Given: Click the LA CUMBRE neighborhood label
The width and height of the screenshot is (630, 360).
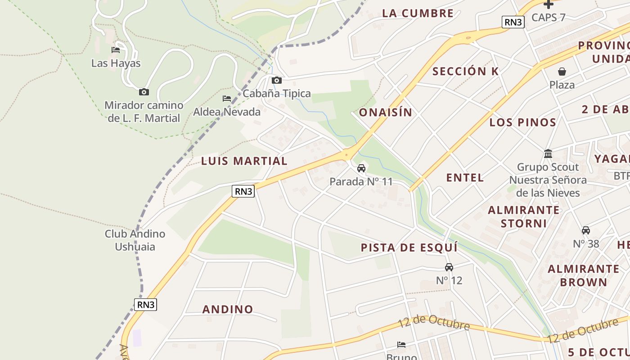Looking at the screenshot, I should click(418, 13).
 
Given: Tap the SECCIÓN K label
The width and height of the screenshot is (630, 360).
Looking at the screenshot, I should click(466, 72).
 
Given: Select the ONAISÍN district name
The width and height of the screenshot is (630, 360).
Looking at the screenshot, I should click(385, 112).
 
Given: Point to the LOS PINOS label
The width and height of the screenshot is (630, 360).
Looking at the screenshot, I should click(523, 122).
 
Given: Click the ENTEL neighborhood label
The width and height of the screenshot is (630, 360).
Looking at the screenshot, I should click(465, 178).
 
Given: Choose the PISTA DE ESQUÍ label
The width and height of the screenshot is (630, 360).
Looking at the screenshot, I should click(409, 247).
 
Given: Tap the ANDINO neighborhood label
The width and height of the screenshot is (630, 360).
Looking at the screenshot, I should click(228, 310).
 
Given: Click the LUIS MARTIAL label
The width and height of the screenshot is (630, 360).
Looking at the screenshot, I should click(244, 161).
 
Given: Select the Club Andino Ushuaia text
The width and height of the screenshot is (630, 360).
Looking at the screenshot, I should click(135, 240).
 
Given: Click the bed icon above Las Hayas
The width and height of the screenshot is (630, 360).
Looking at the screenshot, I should click(116, 49).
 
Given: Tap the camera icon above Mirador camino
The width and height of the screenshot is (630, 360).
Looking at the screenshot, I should click(144, 92).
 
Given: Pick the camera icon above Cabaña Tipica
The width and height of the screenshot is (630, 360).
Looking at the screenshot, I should click(277, 80).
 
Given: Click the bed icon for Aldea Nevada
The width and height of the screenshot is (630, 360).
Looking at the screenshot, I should click(227, 98).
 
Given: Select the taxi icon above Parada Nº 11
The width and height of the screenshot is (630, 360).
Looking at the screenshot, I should click(361, 168).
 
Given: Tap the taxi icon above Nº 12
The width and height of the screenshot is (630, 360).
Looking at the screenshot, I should click(449, 267).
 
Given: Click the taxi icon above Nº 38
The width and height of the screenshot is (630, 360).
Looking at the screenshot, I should click(586, 230).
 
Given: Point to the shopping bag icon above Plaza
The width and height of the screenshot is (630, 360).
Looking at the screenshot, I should click(562, 71).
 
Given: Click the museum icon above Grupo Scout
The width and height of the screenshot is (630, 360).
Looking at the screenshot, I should click(548, 153).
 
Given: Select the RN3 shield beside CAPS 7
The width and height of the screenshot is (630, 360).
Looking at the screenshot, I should click(513, 22).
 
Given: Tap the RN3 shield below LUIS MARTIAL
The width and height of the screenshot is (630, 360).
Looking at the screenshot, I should click(243, 191).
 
